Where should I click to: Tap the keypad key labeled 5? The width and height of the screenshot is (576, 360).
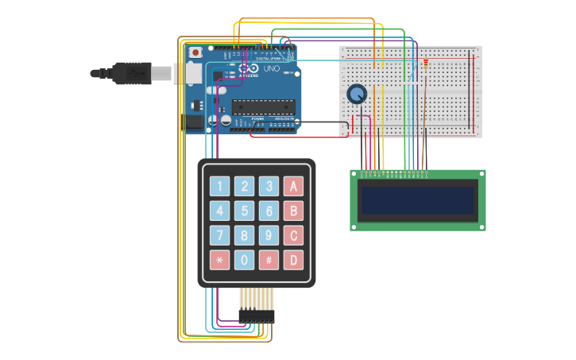245,211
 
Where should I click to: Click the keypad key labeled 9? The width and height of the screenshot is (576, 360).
269,236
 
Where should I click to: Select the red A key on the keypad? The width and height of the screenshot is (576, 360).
294,187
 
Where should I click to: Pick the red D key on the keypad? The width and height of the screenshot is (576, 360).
294,260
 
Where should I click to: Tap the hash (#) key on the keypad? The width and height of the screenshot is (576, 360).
269,260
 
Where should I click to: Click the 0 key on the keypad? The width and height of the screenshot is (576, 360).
245,260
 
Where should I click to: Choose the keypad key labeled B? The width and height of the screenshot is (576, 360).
294,211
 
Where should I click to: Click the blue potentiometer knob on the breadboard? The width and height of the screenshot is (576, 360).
358,95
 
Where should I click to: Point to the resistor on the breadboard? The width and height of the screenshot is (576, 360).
425,64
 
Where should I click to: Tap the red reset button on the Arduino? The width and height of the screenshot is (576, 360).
195,52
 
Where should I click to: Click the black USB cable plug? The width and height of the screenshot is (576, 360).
131,73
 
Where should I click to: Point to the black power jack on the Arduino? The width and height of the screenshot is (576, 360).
194,122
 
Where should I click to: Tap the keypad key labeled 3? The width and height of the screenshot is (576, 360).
269,187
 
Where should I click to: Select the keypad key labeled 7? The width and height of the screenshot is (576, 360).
220,236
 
